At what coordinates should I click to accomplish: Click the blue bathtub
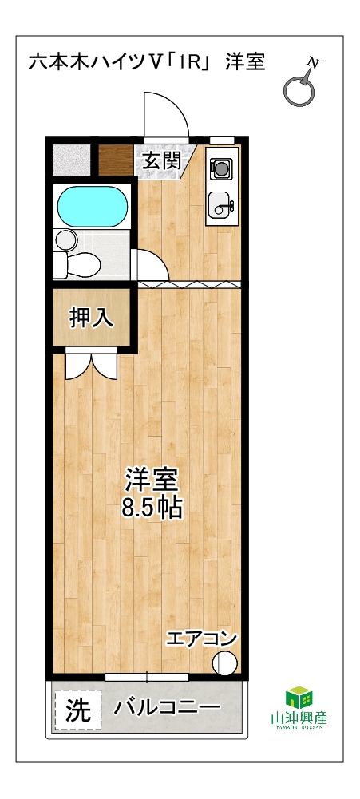point(92,206)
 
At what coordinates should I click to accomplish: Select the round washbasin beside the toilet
point(65,239)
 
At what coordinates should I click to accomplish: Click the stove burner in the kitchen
point(221,167)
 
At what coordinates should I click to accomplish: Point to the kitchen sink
point(221,206)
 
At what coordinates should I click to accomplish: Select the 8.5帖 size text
point(152,508)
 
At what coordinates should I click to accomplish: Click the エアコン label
point(201,639)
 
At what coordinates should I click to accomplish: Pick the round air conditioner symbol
point(225,663)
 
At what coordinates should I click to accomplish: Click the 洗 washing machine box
point(77,710)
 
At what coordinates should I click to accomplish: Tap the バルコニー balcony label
point(167,708)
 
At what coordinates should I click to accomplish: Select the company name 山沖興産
point(299,718)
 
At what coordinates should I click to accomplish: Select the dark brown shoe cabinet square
point(116,160)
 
